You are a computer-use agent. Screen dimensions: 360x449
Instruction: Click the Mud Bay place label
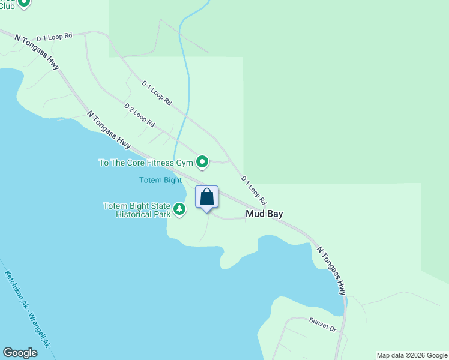(x=264, y=214)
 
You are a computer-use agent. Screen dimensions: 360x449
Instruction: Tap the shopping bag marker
(x=206, y=197)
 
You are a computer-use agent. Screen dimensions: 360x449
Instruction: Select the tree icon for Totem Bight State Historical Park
(x=179, y=209)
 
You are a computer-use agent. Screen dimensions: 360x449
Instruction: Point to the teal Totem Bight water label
(x=160, y=180)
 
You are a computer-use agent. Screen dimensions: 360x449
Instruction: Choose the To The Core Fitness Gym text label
(x=146, y=163)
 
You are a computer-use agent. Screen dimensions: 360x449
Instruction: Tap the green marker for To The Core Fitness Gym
(x=203, y=161)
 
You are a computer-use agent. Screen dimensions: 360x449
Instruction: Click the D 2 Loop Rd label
(x=140, y=115)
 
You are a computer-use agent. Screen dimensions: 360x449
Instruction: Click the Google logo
(x=20, y=353)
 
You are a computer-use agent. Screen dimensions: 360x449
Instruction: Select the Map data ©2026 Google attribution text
(x=412, y=355)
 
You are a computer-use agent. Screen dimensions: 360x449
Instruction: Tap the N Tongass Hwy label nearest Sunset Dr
(x=332, y=271)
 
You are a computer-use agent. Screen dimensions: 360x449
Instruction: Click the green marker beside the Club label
(x=24, y=3)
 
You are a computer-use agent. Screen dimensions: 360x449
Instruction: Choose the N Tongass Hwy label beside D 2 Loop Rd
(x=109, y=129)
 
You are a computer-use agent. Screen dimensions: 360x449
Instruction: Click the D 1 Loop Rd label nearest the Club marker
(x=54, y=36)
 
